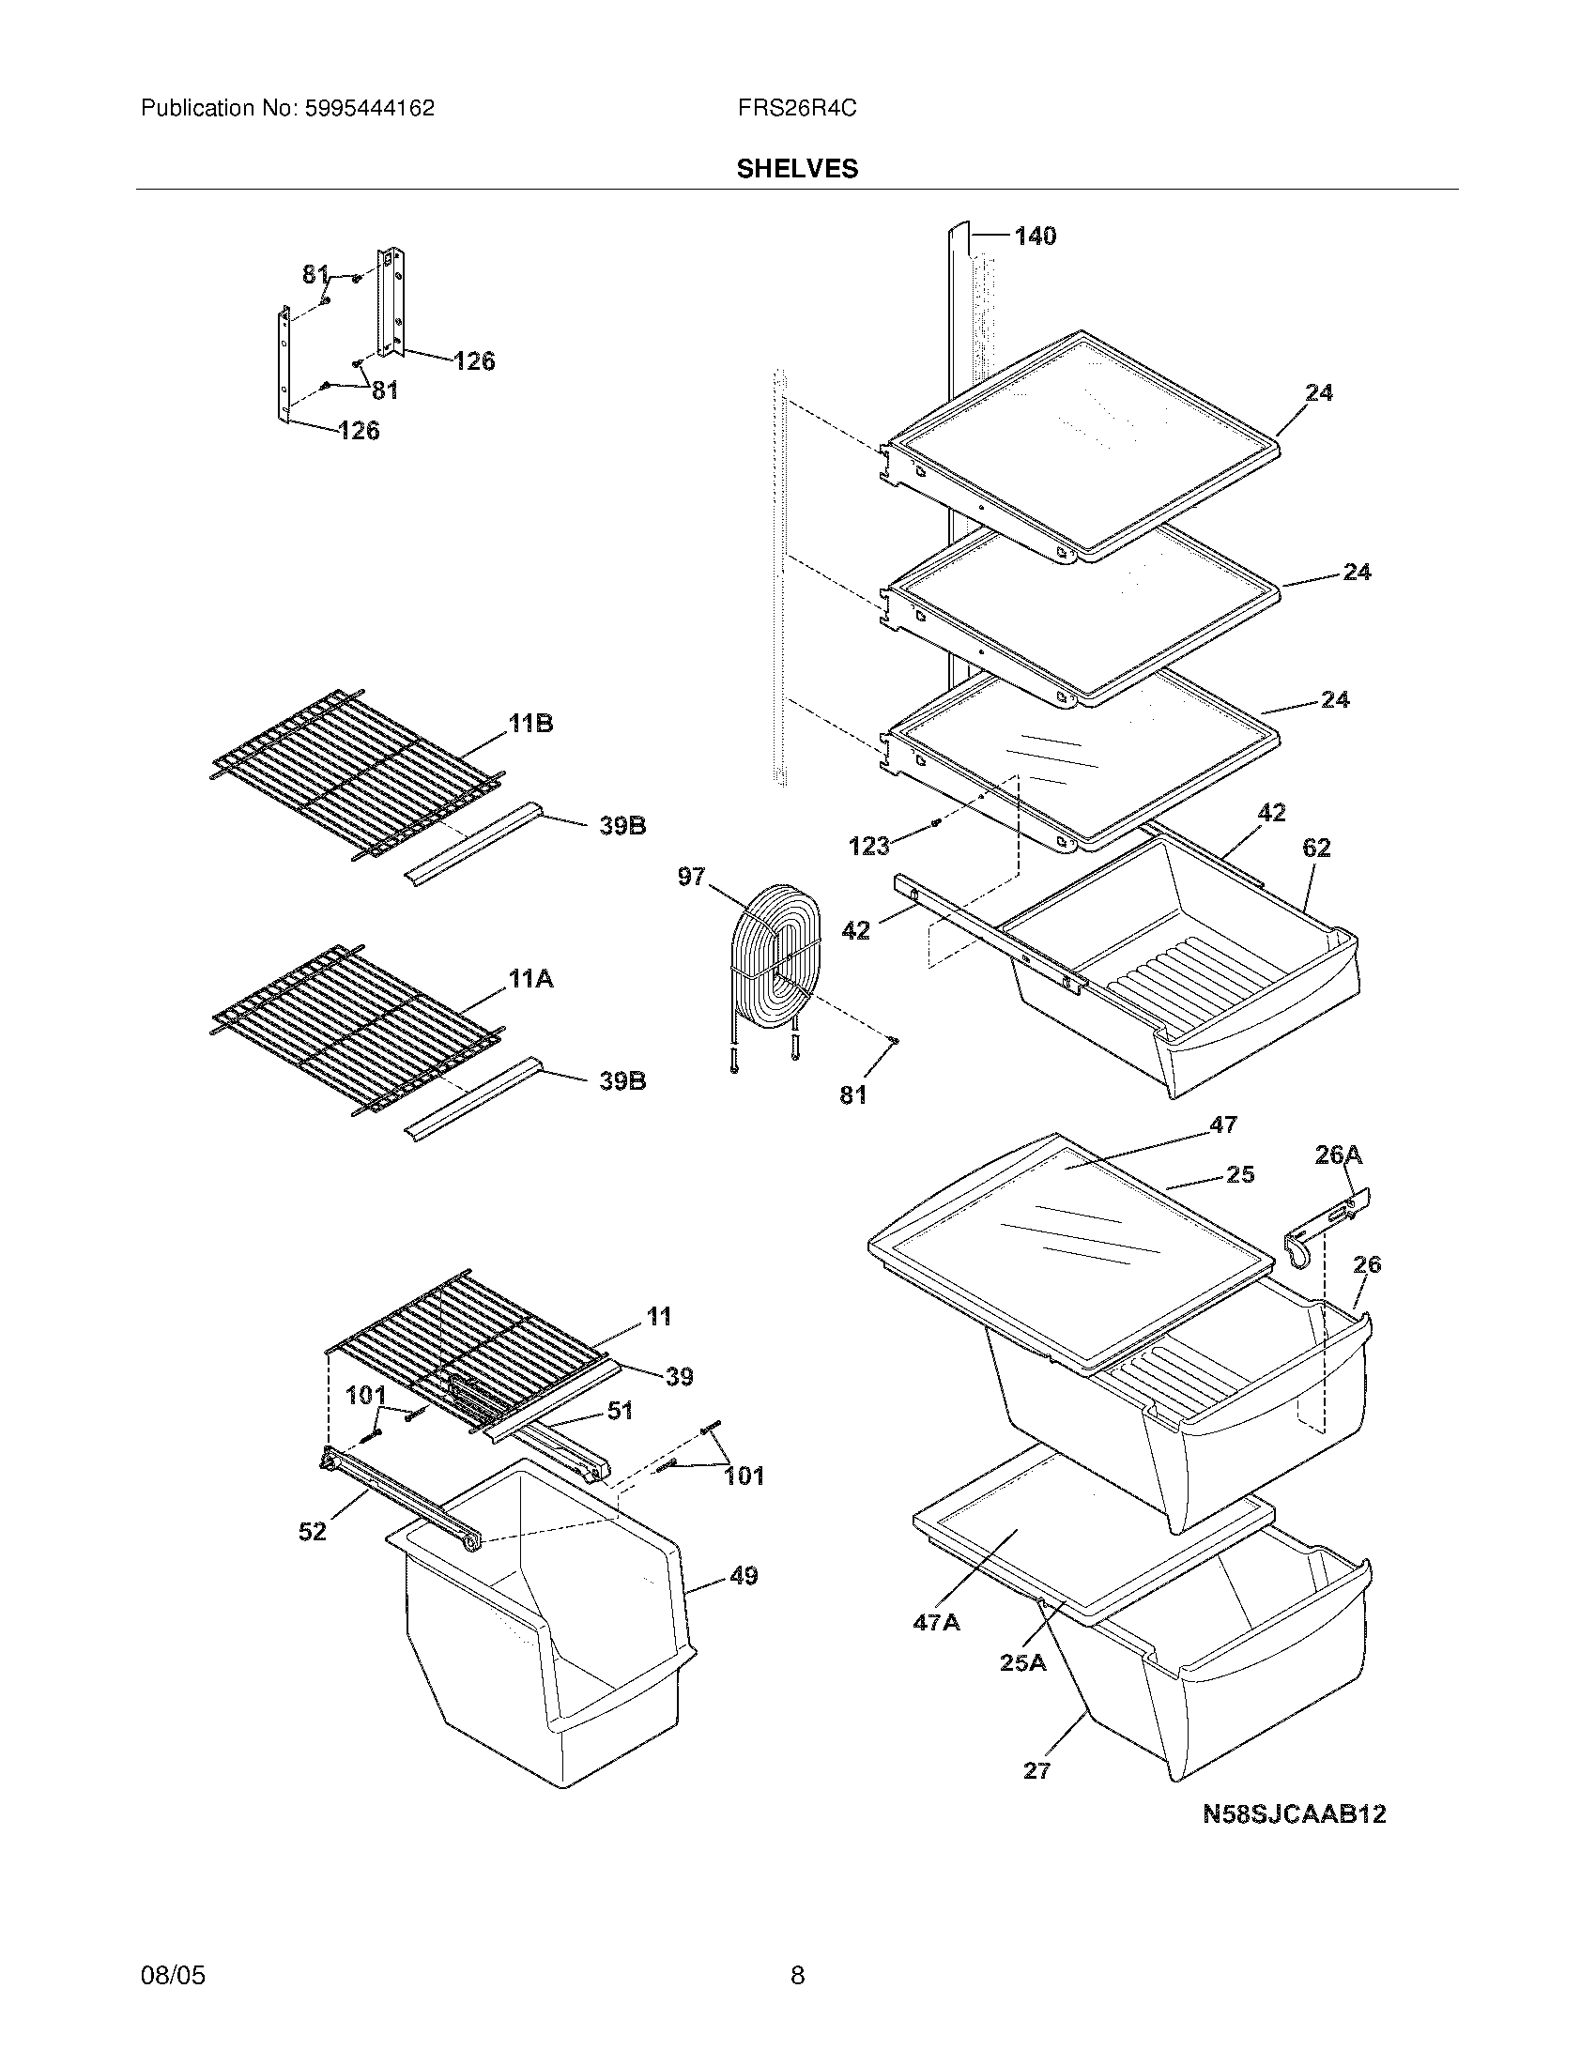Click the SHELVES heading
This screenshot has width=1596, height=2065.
(x=797, y=168)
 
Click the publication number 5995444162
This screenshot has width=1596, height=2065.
(x=370, y=109)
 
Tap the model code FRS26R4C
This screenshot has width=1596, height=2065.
(x=797, y=109)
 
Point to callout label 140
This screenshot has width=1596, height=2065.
(x=1035, y=237)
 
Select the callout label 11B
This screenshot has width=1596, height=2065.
(x=530, y=725)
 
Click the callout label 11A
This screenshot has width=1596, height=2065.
(x=530, y=980)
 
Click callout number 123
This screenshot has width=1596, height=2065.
(x=869, y=846)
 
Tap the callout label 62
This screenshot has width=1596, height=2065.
(x=1316, y=849)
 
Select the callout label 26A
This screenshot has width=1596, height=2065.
(x=1338, y=1155)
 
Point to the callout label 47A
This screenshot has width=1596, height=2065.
(x=936, y=1623)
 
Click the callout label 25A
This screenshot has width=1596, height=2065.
(x=1023, y=1663)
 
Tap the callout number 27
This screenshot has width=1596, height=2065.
(x=1036, y=1771)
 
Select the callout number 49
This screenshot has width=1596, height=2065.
(x=744, y=1576)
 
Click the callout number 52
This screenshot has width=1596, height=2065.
(x=312, y=1532)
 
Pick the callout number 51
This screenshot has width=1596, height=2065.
(x=620, y=1411)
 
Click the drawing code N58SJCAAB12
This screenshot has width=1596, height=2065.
(x=1294, y=1813)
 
